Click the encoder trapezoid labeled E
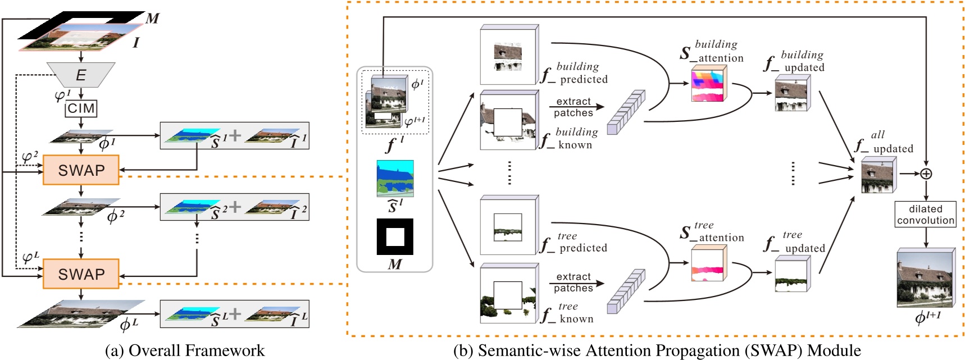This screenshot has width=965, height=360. pos(81,75)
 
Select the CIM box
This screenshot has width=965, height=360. pos(81,108)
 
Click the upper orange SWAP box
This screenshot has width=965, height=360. pos(81,170)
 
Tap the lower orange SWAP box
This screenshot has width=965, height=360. pos(81,274)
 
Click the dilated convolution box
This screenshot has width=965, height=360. pos(925,215)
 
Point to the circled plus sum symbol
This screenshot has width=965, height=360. pos(926,174)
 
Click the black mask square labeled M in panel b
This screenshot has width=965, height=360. pos(394,236)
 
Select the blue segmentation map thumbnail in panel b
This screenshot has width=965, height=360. pos(394,179)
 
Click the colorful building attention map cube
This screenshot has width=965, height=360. pos(708,84)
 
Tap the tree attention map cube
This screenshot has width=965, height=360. pos(708,265)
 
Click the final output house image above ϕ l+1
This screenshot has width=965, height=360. pos(925,279)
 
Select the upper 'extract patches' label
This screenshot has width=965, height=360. pos(573,107)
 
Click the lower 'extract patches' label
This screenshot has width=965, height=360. pos(573,282)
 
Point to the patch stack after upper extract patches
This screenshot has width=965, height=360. pos(626,112)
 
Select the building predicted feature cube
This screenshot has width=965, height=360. pos(508,56)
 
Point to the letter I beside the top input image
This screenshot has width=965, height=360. pos(135,42)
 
